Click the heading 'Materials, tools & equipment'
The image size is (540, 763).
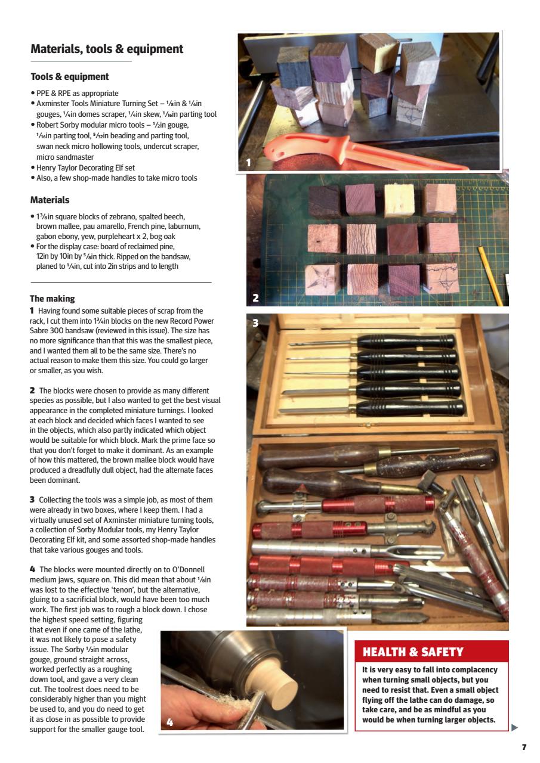point(107,49)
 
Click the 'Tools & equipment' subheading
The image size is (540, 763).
point(69,77)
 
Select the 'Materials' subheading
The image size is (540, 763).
point(50,200)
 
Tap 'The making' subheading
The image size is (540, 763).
point(53,299)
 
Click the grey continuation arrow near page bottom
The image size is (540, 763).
point(515,727)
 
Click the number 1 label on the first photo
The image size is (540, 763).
point(249,162)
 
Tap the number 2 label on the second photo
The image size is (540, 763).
point(255,297)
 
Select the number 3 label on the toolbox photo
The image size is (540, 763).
point(255,323)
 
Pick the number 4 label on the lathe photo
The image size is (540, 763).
point(170,722)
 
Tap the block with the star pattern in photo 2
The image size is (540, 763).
point(322,278)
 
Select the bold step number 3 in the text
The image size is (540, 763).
point(32,500)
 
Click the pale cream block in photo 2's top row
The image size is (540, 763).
point(399,200)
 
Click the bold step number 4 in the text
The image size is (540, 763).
point(33,569)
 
